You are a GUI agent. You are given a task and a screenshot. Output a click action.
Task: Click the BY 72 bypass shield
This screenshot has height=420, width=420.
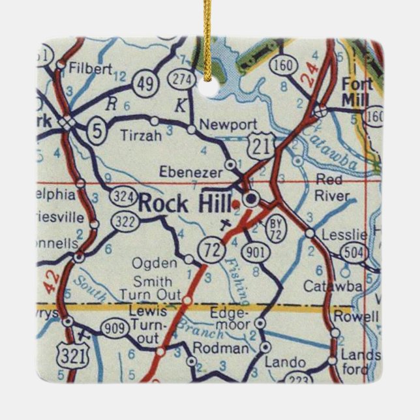(x=275, y=228)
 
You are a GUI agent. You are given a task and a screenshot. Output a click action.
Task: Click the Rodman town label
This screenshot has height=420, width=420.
(x=226, y=348)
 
